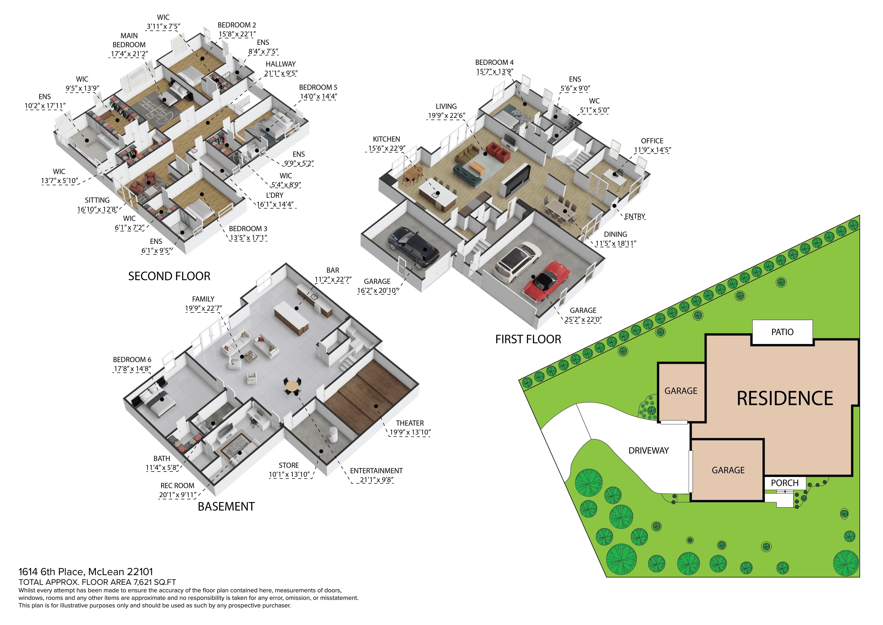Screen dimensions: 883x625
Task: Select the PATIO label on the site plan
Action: coord(782,332)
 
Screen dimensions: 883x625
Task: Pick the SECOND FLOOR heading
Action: coord(169,276)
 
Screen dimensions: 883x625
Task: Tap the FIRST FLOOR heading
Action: coord(528,339)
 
